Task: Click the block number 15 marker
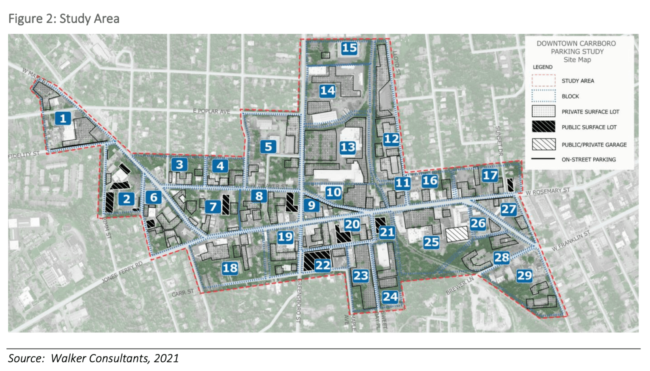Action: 349,48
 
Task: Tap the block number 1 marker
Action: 63,118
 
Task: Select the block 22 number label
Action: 322,265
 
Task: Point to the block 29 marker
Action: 524,276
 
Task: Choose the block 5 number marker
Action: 268,147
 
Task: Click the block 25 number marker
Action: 431,242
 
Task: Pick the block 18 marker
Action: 230,268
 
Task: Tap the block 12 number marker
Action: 391,139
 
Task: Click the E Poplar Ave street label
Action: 212,111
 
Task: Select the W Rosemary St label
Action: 548,192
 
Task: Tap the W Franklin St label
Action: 570,241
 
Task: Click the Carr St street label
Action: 183,293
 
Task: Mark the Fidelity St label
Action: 24,155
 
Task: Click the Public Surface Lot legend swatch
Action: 543,126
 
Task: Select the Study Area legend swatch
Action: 543,80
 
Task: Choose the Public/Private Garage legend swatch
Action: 543,144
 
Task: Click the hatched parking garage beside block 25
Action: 457,234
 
